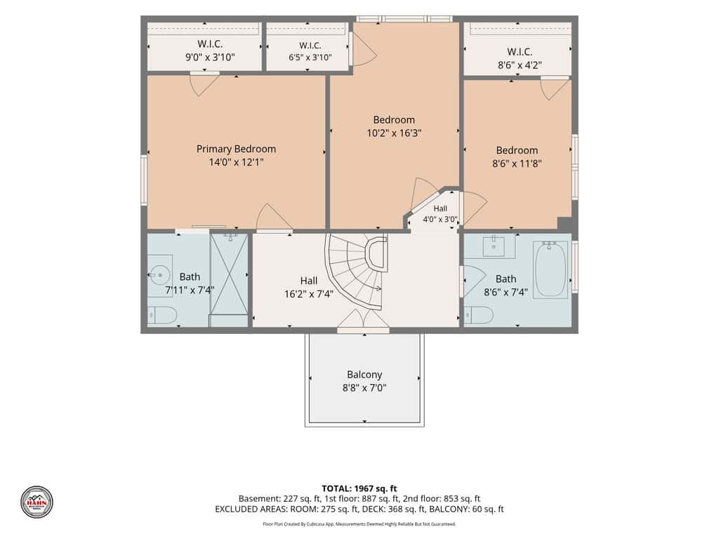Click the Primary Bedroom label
(x=236, y=149)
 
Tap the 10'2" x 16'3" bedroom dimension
(x=394, y=133)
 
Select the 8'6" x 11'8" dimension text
(x=517, y=164)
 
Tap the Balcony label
(x=364, y=375)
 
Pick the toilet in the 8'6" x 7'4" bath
(x=479, y=315)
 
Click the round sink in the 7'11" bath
(x=160, y=275)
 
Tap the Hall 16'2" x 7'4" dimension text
(x=309, y=294)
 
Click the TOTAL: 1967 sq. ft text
(x=359, y=488)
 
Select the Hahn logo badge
(x=37, y=503)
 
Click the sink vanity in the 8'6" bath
(x=494, y=246)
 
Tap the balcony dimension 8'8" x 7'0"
(x=364, y=388)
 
